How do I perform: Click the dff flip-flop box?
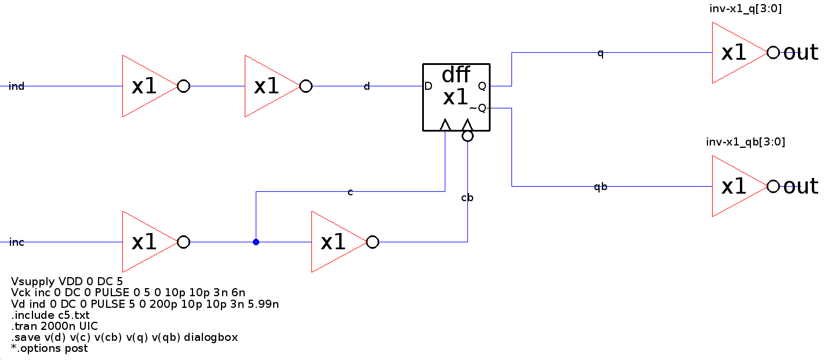pos(456,96)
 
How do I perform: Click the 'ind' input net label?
pos(17,86)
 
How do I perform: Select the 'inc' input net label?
pos(17,242)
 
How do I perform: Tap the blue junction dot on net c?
pos(256,242)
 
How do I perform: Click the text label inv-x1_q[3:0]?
pos(745,9)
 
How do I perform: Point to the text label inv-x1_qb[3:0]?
pos(745,142)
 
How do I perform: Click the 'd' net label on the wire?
pos(366,86)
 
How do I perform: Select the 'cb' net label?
pos(467,198)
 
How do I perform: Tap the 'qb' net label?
pos(601,187)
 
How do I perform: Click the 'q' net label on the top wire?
pos(601,53)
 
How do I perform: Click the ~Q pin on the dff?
pos(478,108)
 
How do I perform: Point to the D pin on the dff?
pos(429,86)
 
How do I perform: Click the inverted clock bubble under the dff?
pos(467,136)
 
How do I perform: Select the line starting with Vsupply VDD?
pos(67,282)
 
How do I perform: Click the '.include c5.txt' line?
pos(50,315)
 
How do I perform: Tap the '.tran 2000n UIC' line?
pos(55,326)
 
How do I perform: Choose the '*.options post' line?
pos(49,348)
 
